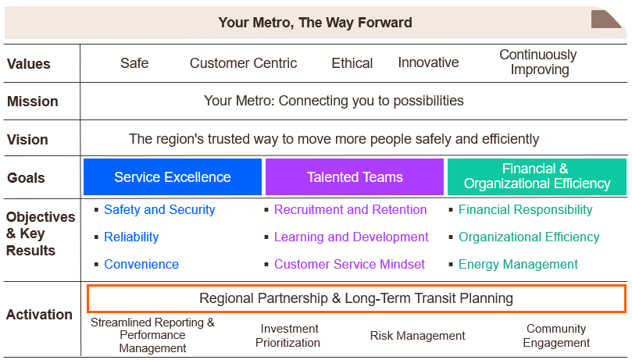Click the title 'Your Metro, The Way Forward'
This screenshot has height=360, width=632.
tap(315, 22)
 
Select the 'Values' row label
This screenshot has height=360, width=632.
tap(28, 64)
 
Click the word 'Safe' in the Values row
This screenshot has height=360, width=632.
tap(134, 63)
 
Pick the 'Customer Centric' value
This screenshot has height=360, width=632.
tap(243, 63)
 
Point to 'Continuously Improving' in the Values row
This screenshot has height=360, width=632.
tap(537, 62)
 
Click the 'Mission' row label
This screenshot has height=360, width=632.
tap(33, 102)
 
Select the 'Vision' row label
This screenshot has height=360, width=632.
tap(28, 140)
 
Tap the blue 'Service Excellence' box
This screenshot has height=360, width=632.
tap(173, 177)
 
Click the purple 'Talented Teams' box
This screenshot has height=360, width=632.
tap(355, 177)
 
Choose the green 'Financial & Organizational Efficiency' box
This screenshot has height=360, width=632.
tap(537, 176)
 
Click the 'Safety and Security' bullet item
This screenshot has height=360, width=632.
tap(159, 209)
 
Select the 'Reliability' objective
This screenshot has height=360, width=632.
tap(131, 237)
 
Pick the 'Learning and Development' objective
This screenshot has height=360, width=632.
tap(351, 237)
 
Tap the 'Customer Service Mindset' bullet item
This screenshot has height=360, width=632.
tap(349, 264)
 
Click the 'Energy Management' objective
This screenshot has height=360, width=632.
tap(518, 264)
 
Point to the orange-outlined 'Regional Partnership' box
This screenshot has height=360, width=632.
tap(356, 298)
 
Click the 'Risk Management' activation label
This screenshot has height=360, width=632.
tap(417, 336)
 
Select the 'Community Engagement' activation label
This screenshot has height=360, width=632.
tap(556, 336)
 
